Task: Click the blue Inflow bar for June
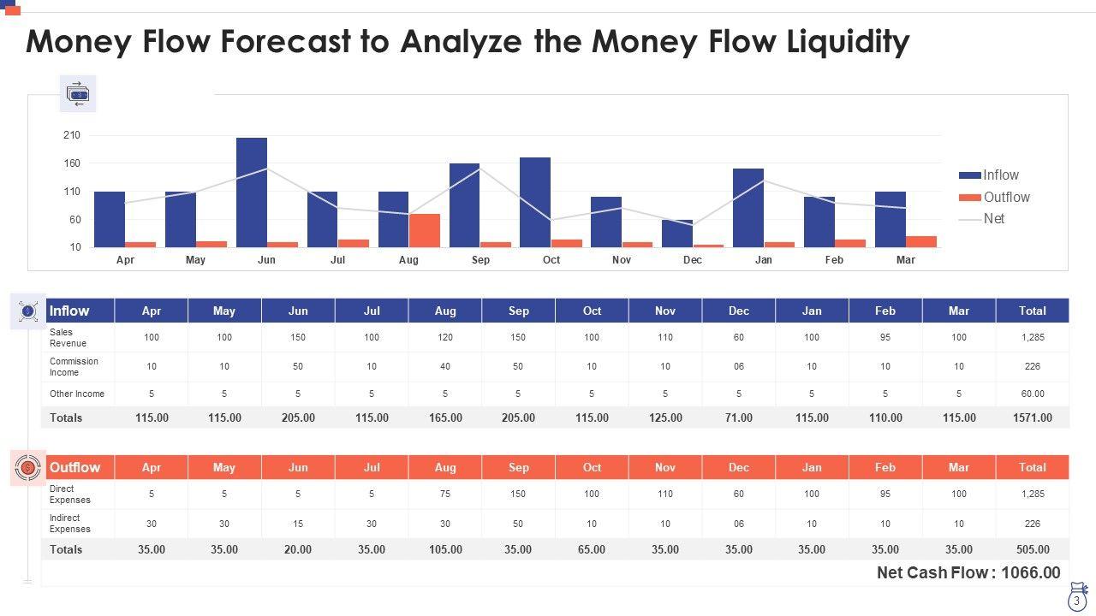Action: pyautogui.click(x=252, y=192)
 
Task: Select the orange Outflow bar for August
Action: pyautogui.click(x=424, y=231)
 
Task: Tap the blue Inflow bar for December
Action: pyautogui.click(x=677, y=234)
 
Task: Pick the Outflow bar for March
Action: pyautogui.click(x=920, y=241)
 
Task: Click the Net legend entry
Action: pyautogui.click(x=993, y=219)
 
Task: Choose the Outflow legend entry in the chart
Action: pyautogui.click(x=1006, y=198)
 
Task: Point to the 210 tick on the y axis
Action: pyautogui.click(x=72, y=135)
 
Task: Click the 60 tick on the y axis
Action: pyautogui.click(x=74, y=220)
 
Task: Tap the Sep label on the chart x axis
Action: pyautogui.click(x=480, y=260)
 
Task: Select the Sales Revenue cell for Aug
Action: pyautogui.click(x=445, y=338)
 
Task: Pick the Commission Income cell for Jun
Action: pyautogui.click(x=298, y=366)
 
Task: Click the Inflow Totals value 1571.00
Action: pyautogui.click(x=1032, y=418)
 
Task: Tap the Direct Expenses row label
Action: pyautogui.click(x=70, y=495)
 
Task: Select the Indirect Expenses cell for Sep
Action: pyautogui.click(x=518, y=524)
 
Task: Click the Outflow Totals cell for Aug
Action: pyautogui.click(x=445, y=549)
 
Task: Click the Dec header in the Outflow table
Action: pyautogui.click(x=738, y=468)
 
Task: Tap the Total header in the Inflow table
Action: pyautogui.click(x=1032, y=311)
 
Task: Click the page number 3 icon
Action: pyautogui.click(x=1076, y=601)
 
